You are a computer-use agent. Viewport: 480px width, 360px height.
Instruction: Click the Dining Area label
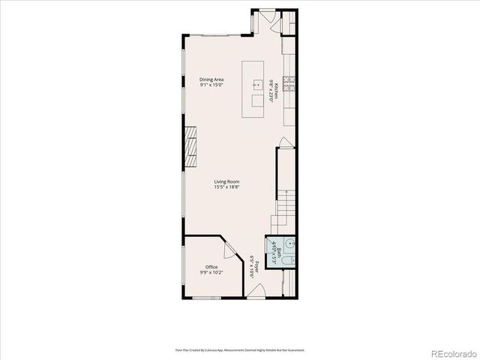pyautogui.click(x=211, y=79)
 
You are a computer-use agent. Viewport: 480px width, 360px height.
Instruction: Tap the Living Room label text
pyautogui.click(x=226, y=181)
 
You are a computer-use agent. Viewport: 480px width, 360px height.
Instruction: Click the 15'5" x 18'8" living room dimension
pyautogui.click(x=226, y=187)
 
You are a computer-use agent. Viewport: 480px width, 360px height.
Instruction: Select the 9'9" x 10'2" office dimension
pyautogui.click(x=211, y=273)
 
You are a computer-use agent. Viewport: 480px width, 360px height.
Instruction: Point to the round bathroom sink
pyautogui.click(x=290, y=243)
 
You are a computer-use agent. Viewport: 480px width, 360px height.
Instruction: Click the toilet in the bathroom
pyautogui.click(x=289, y=260)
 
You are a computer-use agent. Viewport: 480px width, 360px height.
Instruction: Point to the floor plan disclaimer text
pyautogui.click(x=240, y=349)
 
